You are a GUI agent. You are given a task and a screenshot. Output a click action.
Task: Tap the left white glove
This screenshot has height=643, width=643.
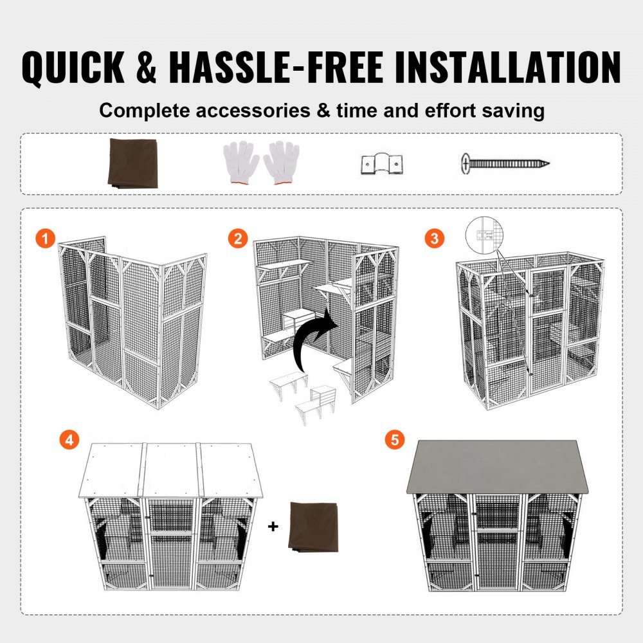click(x=240, y=161)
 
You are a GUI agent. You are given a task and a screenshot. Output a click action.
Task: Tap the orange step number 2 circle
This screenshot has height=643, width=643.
click(x=238, y=239)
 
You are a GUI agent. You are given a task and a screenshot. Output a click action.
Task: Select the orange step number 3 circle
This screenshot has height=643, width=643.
click(x=434, y=239)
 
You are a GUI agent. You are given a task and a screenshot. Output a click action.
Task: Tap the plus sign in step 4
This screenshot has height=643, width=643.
click(x=273, y=527)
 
